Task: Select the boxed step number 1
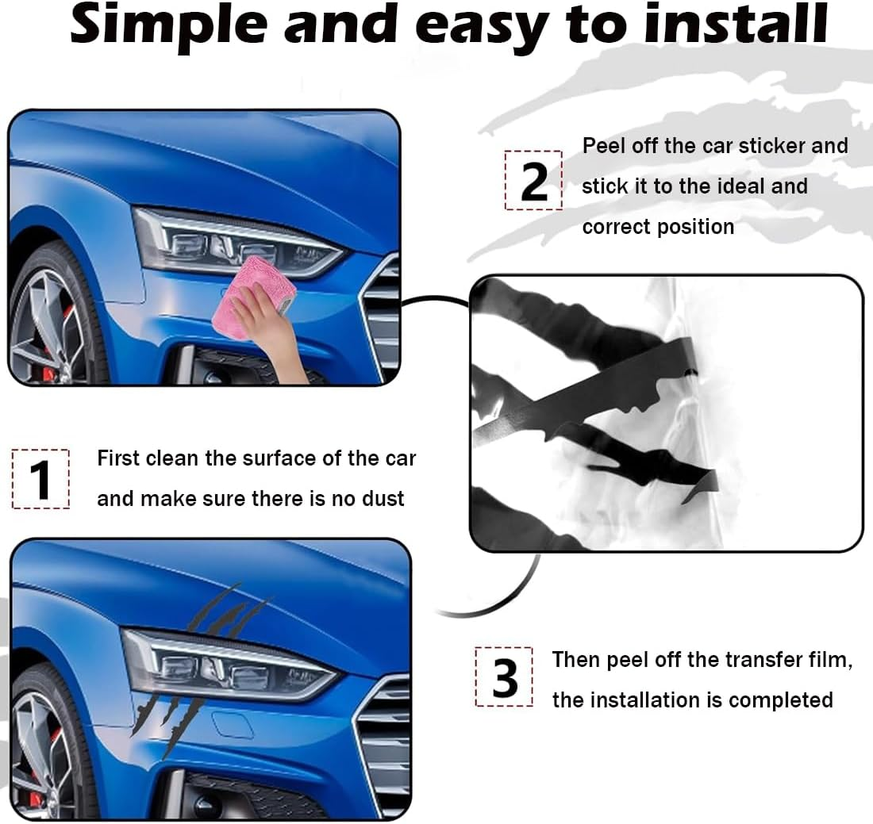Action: [40, 479]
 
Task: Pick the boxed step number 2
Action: [533, 181]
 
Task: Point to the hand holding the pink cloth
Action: [274, 333]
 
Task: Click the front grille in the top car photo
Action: [384, 317]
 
